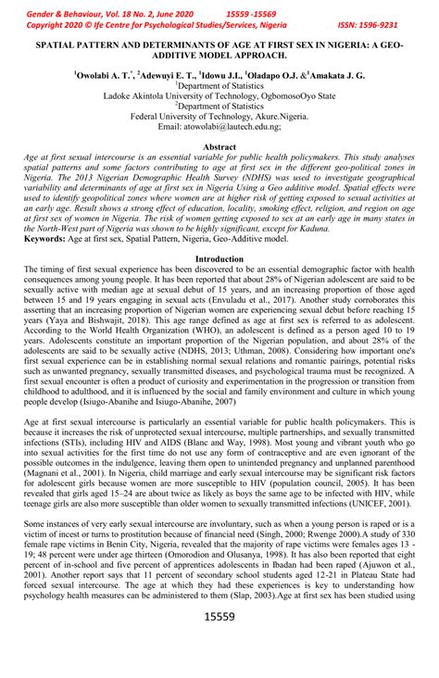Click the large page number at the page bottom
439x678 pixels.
pyautogui.click(x=219, y=641)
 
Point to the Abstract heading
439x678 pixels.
pyautogui.click(x=219, y=147)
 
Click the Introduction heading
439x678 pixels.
pyautogui.click(x=219, y=259)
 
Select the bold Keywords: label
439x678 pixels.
pyautogui.click(x=44, y=239)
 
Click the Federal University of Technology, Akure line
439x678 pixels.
pyautogui.click(x=219, y=117)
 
